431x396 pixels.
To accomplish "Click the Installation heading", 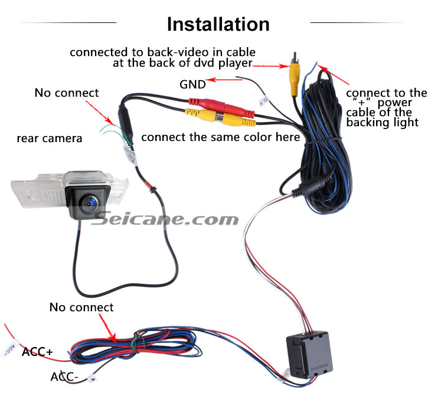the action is point(218,24).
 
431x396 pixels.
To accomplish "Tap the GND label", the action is point(192,84).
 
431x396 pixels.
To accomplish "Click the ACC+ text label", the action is point(37,352).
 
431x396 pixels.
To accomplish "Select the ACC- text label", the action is point(64,377).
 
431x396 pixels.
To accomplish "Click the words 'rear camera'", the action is point(50,138).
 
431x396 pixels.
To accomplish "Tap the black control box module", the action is point(309,354).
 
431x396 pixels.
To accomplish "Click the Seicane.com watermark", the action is point(165,219).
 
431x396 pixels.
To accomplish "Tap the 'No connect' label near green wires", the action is point(67,93).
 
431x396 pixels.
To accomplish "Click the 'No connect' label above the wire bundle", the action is point(81,308).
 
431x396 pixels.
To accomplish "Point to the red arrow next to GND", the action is point(224,80).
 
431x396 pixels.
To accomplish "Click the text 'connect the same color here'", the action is point(220,137).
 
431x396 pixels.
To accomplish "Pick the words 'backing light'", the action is point(383,123).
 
